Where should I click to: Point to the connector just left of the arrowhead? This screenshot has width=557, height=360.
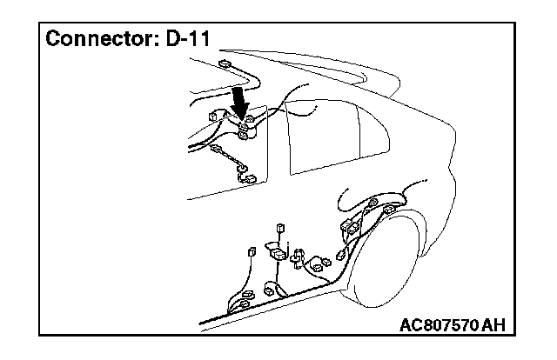click(214, 117)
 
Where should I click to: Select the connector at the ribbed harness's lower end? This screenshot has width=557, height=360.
click(251, 179)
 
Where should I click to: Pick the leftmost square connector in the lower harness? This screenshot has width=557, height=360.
click(251, 251)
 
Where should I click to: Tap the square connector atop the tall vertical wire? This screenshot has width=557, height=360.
click(280, 229)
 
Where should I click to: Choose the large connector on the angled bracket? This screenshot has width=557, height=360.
click(277, 255)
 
